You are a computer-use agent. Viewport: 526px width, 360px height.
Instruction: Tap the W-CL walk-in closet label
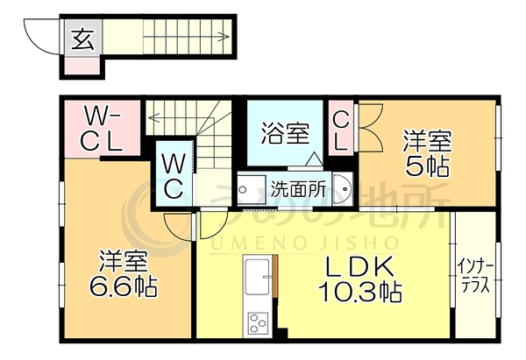102,128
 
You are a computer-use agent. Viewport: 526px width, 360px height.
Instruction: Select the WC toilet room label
174,177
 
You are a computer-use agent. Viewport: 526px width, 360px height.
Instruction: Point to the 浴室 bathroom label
285,133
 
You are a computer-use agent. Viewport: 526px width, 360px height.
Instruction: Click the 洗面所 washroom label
298,190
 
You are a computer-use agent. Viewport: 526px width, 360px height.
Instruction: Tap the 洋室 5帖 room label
428,153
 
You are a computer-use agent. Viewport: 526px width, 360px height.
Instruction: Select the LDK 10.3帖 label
360,279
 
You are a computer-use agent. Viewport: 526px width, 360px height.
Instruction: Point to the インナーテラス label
475,279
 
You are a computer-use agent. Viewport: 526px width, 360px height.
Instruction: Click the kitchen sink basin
258,277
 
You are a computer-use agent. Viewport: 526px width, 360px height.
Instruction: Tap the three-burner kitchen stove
258,322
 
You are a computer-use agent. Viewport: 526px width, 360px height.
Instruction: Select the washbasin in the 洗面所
342,188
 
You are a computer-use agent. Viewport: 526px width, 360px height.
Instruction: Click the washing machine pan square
250,189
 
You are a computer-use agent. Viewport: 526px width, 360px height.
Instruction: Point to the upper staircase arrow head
224,36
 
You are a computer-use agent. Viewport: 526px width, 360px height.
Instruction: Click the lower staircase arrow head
153,117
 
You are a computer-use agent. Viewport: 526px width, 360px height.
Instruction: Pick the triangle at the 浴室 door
315,159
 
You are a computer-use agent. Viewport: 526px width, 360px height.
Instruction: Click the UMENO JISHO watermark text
304,243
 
